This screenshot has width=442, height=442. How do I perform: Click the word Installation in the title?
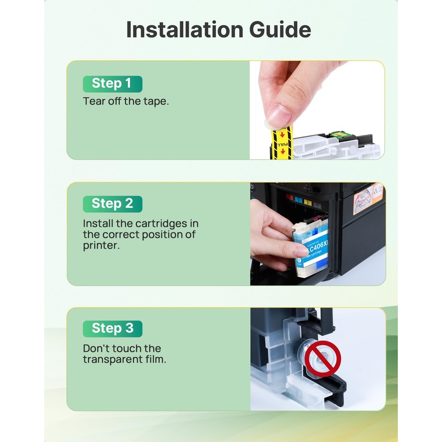pos(185,29)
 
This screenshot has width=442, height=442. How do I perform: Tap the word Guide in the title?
pos(280,29)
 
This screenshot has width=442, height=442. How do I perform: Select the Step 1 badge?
pos(113,84)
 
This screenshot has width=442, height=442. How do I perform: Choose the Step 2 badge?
pos(113,204)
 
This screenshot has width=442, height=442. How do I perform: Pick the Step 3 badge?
pos(113,328)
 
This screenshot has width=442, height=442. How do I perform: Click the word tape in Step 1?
pos(156,102)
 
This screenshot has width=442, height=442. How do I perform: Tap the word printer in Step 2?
pos(101,246)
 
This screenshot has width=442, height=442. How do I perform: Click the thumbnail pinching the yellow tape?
pos(279,114)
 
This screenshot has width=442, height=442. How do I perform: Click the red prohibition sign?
pos(323,359)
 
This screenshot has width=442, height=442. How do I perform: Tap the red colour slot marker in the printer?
pos(290,197)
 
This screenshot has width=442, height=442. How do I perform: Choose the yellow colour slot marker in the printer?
pos(308,202)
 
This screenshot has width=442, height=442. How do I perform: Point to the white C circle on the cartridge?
pos(299,260)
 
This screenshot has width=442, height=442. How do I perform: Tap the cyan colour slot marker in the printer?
pos(298,199)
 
